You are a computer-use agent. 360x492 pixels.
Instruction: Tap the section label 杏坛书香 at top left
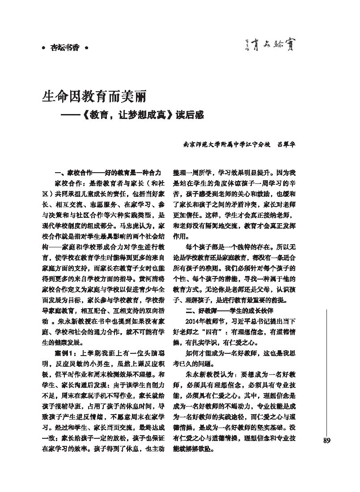click(64, 48)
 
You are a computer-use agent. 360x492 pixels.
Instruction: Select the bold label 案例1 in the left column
click(65, 353)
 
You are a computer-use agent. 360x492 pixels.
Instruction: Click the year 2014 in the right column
click(192, 322)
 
